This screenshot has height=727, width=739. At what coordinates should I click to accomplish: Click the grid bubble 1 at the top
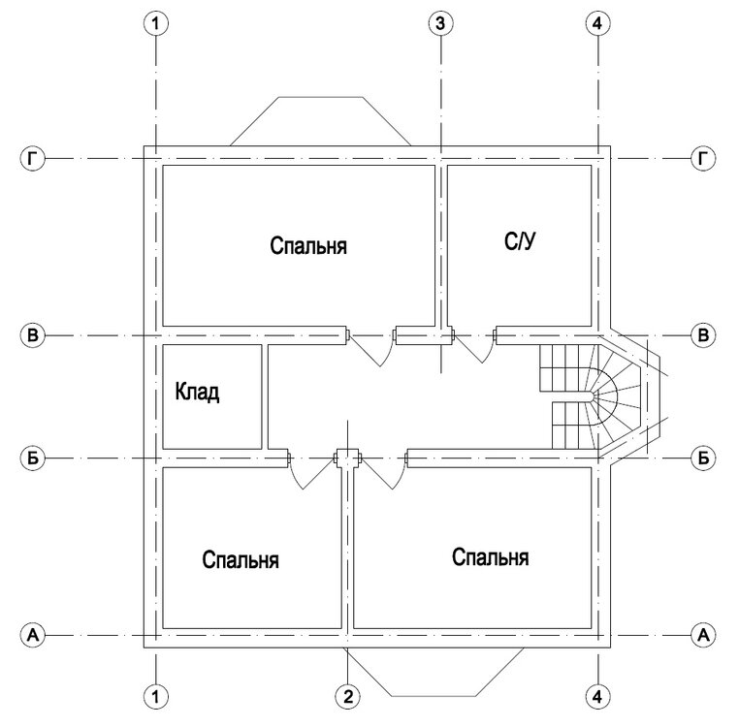pyautogui.click(x=155, y=23)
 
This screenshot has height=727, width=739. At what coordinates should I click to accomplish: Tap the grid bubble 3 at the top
pyautogui.click(x=440, y=23)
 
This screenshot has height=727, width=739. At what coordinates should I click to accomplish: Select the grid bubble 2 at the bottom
pyautogui.click(x=348, y=696)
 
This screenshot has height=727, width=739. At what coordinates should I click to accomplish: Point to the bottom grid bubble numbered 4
pyautogui.click(x=597, y=696)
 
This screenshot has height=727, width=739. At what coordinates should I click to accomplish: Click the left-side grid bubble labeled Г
pyautogui.click(x=33, y=158)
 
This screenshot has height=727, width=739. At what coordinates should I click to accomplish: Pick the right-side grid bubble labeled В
pyautogui.click(x=703, y=335)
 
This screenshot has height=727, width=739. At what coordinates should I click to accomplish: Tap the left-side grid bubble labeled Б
pyautogui.click(x=33, y=458)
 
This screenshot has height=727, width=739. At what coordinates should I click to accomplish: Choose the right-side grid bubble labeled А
pyautogui.click(x=703, y=635)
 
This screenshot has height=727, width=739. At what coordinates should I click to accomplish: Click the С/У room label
pyautogui.click(x=520, y=241)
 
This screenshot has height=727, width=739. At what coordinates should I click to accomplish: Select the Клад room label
pyautogui.click(x=197, y=392)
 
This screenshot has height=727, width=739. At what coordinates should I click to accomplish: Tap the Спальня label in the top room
pyautogui.click(x=308, y=246)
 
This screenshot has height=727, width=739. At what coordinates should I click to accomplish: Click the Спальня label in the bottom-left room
pyautogui.click(x=241, y=559)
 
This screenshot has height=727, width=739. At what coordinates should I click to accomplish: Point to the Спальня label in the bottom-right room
pyautogui.click(x=490, y=557)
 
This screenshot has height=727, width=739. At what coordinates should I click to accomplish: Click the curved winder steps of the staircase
pyautogui.click(x=608, y=396)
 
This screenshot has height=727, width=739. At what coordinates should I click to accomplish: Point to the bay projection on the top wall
pyautogui.click(x=320, y=98)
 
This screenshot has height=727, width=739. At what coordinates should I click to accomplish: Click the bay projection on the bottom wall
pyautogui.click(x=434, y=696)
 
